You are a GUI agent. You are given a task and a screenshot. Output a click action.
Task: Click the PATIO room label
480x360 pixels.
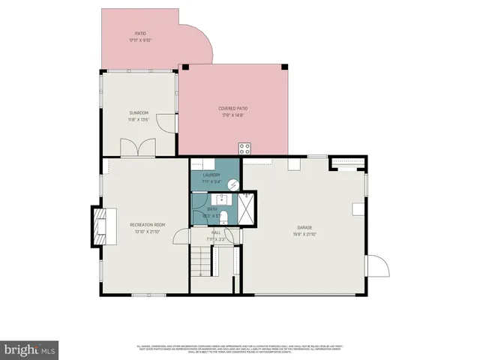[x=140, y=34]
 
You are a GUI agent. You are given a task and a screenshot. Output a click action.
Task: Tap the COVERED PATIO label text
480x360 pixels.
[x=233, y=108]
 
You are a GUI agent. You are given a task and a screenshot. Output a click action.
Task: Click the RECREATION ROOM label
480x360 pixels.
[x=147, y=225]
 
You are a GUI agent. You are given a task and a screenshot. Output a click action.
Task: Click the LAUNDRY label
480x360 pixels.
[x=211, y=175]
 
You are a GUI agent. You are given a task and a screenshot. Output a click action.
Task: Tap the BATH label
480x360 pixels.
[x=212, y=209]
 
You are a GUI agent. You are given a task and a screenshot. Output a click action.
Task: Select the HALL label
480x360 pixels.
[x=215, y=232]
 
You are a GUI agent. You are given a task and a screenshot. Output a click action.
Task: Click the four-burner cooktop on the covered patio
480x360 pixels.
[x=244, y=148]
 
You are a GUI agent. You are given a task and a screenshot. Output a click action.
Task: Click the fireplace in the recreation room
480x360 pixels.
[x=99, y=224]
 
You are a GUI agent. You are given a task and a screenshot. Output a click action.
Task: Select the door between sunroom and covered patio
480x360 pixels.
[x=172, y=123]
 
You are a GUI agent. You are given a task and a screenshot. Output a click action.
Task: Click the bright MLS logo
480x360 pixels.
[x=30, y=349]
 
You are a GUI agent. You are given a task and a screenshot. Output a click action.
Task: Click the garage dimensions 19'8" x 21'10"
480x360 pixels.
[x=304, y=234]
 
